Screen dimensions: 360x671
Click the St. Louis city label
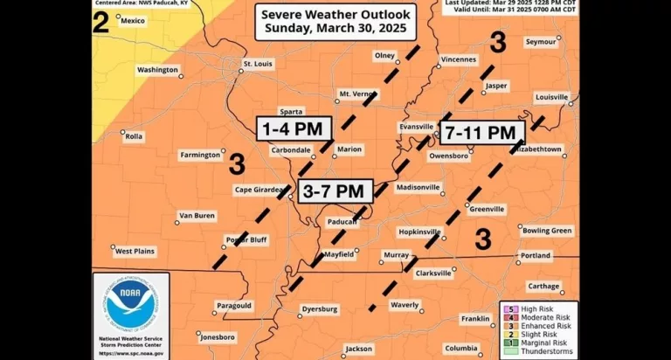pos(258,64)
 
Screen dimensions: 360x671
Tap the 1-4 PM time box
pos(294,129)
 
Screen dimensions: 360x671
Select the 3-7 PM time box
pos(335,191)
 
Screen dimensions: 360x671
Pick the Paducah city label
pos(343,222)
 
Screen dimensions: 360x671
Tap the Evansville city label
pos(416,127)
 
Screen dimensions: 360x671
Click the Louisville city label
pos(551,96)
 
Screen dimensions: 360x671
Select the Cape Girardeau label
pos(259,190)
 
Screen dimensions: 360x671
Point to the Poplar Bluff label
pos(246,239)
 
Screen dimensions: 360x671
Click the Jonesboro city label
pos(218,336)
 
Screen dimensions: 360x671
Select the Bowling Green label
pos(548,231)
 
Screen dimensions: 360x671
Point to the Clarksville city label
pos(433,273)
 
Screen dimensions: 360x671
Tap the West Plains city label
pos(135,252)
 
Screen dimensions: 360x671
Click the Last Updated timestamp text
pos(510,3)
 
